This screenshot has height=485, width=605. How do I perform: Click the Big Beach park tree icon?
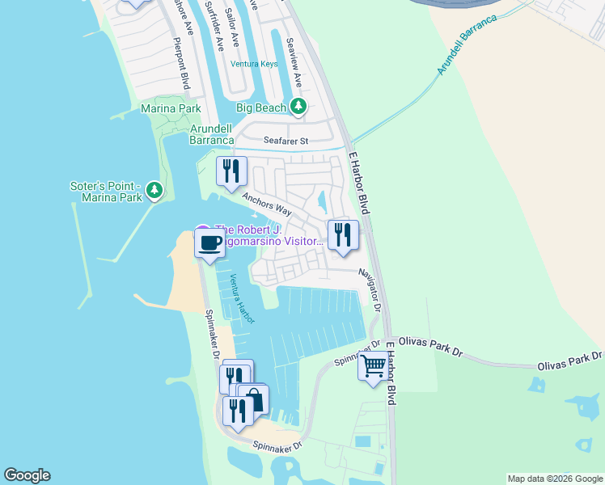pyautogui.click(x=298, y=107)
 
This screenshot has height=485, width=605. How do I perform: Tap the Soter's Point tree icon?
pyautogui.click(x=154, y=192)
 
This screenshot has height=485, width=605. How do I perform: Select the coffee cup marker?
pyautogui.click(x=210, y=243)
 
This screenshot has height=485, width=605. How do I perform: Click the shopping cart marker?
pyautogui.click(x=373, y=367)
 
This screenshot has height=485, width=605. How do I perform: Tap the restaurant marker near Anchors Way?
pyautogui.click(x=231, y=171)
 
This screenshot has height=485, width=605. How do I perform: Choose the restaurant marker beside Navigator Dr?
pyautogui.click(x=342, y=235)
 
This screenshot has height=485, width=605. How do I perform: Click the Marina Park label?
pyautogui.click(x=171, y=108)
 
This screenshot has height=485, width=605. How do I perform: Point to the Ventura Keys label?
pyautogui.click(x=254, y=64)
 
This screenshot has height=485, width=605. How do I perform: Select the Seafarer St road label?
pyautogui.click(x=282, y=141)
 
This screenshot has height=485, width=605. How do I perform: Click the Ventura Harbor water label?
pyautogui.click(x=240, y=298)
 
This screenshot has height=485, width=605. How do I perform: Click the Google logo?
pyautogui.click(x=27, y=475)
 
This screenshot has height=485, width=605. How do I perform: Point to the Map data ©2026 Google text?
pyautogui.click(x=554, y=479)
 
